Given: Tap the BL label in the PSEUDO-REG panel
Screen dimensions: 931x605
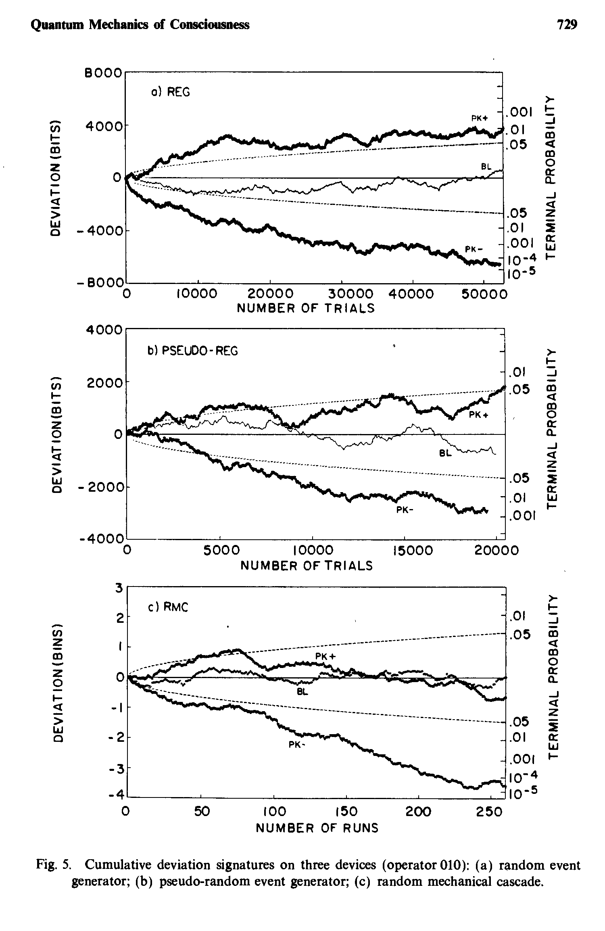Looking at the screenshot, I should tap(444, 454).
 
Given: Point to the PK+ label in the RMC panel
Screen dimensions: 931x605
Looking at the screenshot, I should tap(325, 656).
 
